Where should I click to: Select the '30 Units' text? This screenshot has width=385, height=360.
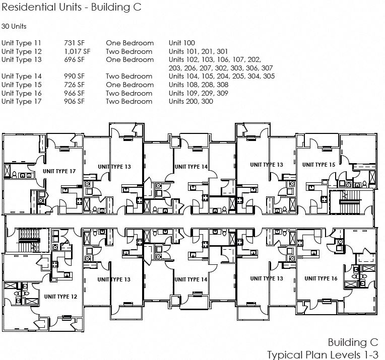[x=14, y=26]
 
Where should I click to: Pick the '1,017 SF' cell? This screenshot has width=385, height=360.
[x=77, y=51]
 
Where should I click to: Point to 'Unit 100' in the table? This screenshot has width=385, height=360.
[x=181, y=43]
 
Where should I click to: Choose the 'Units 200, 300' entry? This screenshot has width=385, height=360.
[x=190, y=101]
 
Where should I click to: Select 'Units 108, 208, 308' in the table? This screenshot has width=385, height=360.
[x=199, y=85]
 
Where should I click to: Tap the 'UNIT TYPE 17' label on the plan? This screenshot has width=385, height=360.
[x=59, y=171]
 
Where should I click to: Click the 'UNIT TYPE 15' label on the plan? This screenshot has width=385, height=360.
[x=318, y=165]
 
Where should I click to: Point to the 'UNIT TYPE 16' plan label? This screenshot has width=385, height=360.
[x=320, y=278]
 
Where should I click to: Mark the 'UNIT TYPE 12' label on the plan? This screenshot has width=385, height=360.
[x=60, y=297]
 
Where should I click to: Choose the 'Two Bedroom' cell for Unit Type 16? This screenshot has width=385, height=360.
[x=129, y=93]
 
